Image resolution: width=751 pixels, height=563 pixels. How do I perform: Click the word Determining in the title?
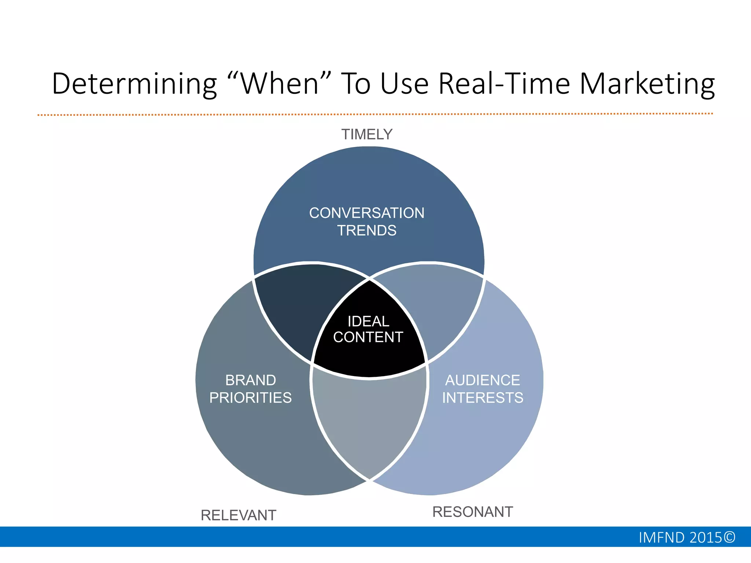(x=134, y=84)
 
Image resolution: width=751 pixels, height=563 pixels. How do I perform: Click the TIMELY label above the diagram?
(x=367, y=135)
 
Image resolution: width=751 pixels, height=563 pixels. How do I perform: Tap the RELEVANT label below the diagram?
(x=238, y=515)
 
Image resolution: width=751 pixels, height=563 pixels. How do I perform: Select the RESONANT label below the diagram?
(x=473, y=512)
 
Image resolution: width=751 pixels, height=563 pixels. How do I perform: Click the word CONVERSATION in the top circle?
(x=367, y=213)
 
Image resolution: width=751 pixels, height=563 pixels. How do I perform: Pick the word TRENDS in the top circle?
(x=367, y=231)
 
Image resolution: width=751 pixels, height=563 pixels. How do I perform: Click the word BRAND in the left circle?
(x=250, y=380)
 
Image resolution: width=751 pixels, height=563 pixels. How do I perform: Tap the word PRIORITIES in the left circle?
(x=250, y=398)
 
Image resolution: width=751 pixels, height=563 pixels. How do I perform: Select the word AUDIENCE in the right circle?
(x=483, y=380)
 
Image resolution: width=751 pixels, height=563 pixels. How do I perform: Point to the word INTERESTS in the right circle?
(x=483, y=398)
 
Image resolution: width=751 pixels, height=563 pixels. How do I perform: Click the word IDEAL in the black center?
(x=368, y=321)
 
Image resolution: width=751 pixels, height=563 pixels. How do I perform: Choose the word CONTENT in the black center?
(x=368, y=337)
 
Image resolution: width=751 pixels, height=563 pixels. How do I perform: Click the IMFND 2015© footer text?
(x=687, y=538)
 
